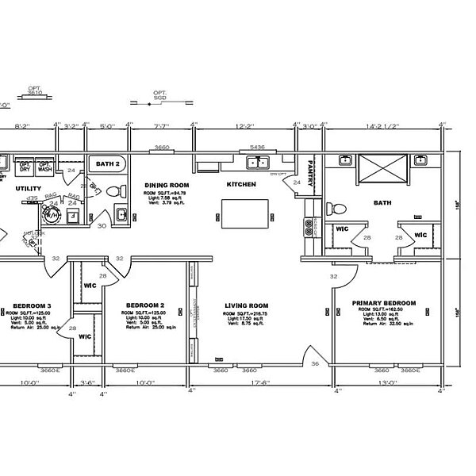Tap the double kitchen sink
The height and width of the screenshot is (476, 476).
click(x=257, y=163)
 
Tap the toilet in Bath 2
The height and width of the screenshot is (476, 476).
click(x=113, y=191)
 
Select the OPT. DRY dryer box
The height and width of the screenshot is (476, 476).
click(x=25, y=167)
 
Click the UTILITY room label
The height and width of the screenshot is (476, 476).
click(x=29, y=188)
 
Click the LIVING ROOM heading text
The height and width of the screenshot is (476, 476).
click(x=247, y=305)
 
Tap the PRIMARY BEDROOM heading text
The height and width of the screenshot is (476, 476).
click(x=384, y=303)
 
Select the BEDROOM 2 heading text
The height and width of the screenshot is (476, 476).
click(x=145, y=305)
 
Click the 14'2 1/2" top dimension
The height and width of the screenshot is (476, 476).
click(x=382, y=125)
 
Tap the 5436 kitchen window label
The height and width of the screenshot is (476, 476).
click(x=256, y=148)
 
